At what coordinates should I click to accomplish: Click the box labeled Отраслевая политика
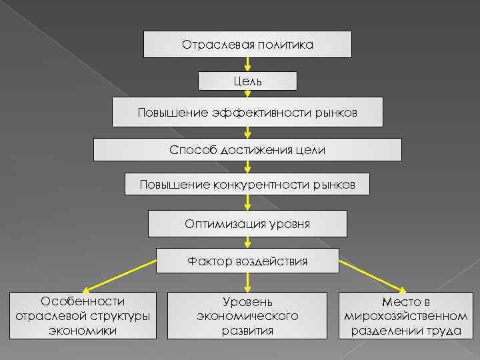point(247,44)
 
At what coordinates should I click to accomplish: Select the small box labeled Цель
point(247,81)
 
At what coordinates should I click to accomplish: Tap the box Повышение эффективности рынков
point(247,112)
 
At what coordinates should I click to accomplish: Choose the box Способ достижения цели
point(247,149)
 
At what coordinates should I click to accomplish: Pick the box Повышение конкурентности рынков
point(247,183)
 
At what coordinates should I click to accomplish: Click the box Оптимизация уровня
point(247,223)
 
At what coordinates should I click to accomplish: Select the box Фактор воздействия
point(247,261)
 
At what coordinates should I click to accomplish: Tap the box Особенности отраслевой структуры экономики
point(83,316)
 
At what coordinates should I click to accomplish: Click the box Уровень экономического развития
point(247,316)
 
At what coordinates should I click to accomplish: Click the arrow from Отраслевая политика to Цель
point(247,65)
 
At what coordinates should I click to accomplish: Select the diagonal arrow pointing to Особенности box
point(120,276)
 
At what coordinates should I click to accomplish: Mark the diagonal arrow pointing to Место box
point(373,276)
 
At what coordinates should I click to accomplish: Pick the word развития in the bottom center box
point(247,330)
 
